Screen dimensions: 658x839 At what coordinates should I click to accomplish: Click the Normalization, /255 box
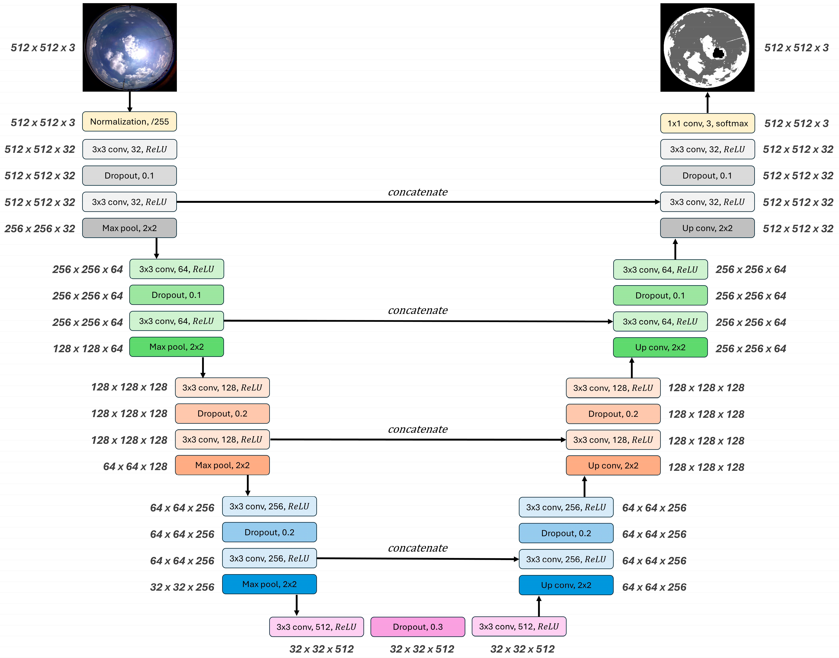pyautogui.click(x=129, y=122)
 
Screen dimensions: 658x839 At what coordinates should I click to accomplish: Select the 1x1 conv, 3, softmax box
pyautogui.click(x=707, y=123)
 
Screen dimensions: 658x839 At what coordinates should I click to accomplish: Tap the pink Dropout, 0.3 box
pyautogui.click(x=418, y=627)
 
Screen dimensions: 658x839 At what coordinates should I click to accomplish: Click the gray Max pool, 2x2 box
pyautogui.click(x=129, y=228)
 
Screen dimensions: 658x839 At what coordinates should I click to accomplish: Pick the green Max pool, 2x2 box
pyautogui.click(x=176, y=347)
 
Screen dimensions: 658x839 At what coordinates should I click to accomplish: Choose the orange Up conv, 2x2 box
pyautogui.click(x=613, y=465)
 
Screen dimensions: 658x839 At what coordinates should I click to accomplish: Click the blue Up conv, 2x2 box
pyautogui.click(x=566, y=585)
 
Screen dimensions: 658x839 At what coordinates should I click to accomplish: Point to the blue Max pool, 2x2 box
pyautogui.click(x=269, y=584)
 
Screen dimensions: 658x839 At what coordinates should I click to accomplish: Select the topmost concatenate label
pyautogui.click(x=418, y=192)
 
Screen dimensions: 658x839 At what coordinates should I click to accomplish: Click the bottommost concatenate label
pyautogui.click(x=418, y=548)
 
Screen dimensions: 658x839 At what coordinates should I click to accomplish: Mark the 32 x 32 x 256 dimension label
pyautogui.click(x=182, y=587)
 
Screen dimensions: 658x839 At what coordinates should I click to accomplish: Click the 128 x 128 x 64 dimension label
pyautogui.click(x=88, y=349)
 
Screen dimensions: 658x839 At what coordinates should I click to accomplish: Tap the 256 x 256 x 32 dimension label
pyautogui.click(x=40, y=228)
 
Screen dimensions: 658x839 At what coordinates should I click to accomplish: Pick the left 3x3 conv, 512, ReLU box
pyautogui.click(x=316, y=627)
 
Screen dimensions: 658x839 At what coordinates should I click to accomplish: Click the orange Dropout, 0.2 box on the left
pyautogui.click(x=222, y=413)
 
